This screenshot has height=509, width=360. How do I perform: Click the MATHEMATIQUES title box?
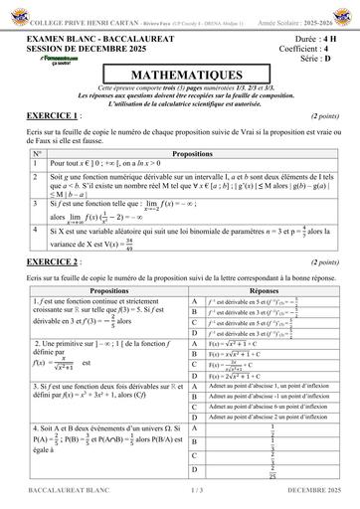click(x=179, y=74)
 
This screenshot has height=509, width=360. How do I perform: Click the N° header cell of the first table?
click(x=37, y=154)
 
